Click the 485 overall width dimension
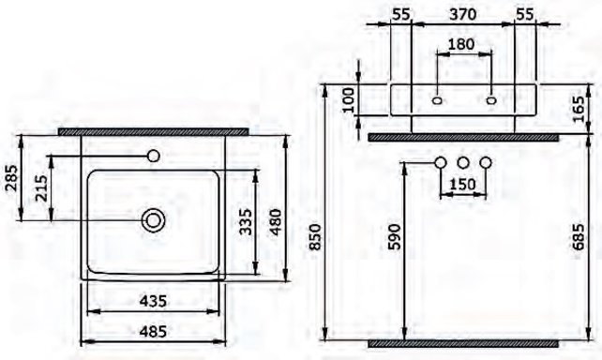point(155,331)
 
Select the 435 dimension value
point(155,301)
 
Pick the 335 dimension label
point(243,223)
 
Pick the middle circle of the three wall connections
point(463,164)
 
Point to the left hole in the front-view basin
point(438,97)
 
